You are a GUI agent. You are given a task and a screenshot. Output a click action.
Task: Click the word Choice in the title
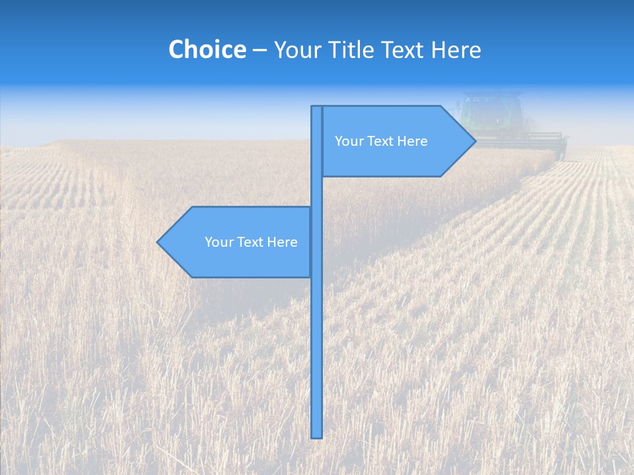coord(207,49)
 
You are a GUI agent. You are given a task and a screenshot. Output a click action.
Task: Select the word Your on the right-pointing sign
coord(348,141)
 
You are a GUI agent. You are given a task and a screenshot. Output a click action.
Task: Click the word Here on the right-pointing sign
coord(412,141)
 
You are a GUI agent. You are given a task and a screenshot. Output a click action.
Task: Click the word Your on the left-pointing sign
coord(218,242)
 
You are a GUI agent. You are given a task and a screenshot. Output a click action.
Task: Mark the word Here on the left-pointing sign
coord(282,242)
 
